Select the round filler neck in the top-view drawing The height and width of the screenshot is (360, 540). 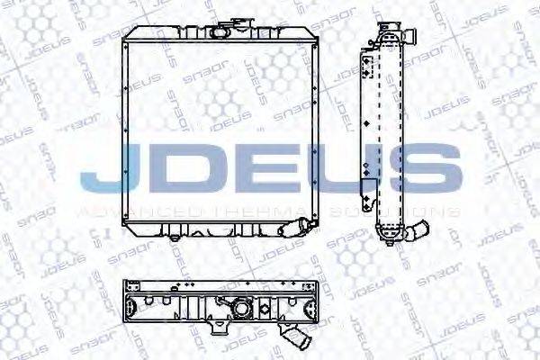pos(240,309)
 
